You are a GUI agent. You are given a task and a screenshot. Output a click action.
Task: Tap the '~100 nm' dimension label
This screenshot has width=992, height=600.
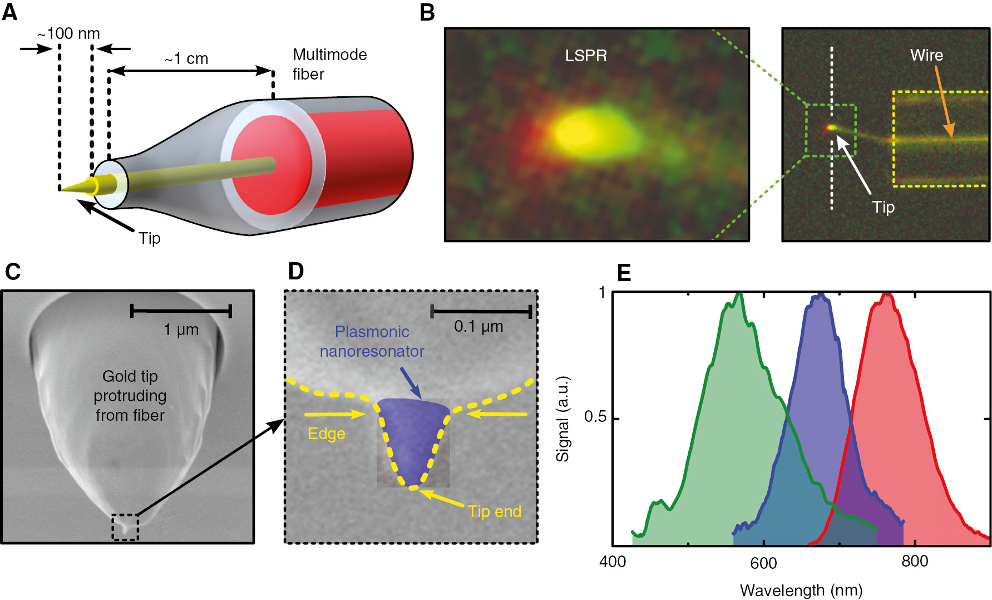point(68,33)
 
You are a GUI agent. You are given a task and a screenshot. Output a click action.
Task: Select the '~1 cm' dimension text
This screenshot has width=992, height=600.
point(186,58)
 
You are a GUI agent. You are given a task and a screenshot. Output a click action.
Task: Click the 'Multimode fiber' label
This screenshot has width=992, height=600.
point(330,64)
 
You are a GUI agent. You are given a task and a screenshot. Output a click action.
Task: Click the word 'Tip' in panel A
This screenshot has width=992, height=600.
point(150,238)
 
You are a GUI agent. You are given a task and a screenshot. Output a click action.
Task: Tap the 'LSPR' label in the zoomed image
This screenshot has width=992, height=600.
point(586,56)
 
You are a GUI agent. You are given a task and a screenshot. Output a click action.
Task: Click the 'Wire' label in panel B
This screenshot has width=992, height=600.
point(926,55)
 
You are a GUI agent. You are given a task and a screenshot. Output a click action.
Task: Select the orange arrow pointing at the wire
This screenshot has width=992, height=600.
point(944,101)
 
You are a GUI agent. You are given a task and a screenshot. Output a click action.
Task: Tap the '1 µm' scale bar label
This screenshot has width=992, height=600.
point(181,329)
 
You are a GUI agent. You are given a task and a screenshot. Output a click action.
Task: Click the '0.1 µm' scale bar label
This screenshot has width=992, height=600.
point(478,326)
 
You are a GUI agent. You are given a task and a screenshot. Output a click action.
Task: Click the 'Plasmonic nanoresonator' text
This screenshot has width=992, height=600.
point(372,341)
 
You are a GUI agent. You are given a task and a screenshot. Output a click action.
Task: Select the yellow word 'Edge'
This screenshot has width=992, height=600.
point(327,434)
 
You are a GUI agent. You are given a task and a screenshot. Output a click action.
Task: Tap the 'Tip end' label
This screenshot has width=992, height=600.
point(495,512)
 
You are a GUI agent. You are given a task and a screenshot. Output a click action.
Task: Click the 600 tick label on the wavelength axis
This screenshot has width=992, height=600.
point(763,563)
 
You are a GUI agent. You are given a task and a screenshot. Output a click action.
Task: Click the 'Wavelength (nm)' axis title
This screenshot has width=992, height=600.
point(801,590)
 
